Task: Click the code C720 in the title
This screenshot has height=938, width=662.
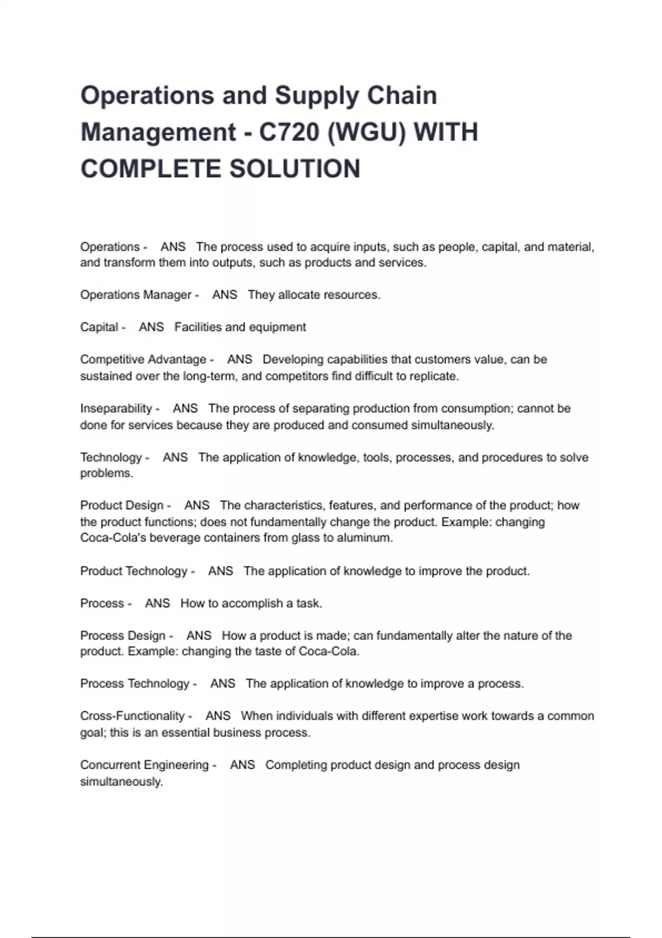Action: pos(289,132)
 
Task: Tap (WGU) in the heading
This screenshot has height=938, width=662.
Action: pos(365,132)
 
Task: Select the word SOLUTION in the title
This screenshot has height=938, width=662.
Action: pos(295,169)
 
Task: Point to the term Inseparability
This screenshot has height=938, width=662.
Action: pos(116,408)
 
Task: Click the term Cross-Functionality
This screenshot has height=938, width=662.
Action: pos(132,716)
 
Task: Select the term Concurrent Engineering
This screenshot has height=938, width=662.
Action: pos(144,765)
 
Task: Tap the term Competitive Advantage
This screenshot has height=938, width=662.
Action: pos(143,359)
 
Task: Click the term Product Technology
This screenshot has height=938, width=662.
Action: pos(134,571)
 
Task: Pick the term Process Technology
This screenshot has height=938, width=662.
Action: pos(135,683)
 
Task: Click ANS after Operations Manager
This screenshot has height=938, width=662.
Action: pos(225,295)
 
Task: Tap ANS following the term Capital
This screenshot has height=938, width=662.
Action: pos(151,327)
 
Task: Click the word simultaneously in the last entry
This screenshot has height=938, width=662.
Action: pos(121,781)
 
